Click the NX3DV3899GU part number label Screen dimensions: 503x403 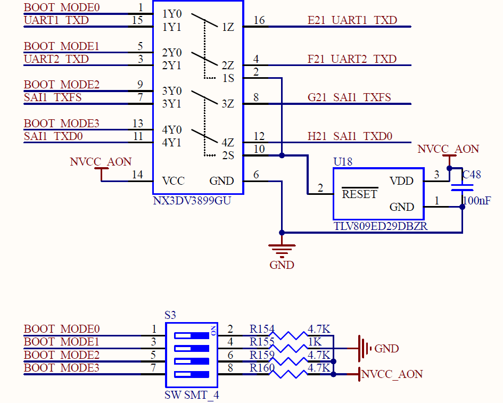(192, 201)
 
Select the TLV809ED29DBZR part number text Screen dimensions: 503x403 (381, 226)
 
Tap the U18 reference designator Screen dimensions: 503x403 (343, 162)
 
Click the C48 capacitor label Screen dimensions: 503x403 (472, 174)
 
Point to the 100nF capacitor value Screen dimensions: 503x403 (477, 201)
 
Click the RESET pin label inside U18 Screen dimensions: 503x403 (359, 194)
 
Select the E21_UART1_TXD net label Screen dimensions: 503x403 (352, 20)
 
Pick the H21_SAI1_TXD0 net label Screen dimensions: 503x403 (350, 136)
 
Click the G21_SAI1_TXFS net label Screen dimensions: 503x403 (349, 97)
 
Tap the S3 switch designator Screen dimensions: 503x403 (170, 315)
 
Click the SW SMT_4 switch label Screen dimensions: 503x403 (192, 395)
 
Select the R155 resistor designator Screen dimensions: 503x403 (262, 342)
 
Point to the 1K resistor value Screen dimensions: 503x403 (315, 342)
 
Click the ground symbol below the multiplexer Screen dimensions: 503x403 (282, 251)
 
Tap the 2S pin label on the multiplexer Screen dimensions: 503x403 (228, 155)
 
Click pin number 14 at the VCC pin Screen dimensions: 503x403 (137, 175)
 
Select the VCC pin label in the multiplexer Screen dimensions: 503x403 (173, 181)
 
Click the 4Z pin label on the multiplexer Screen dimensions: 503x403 (228, 143)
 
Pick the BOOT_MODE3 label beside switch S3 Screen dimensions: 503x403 (62, 368)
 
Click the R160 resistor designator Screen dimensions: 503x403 (262, 368)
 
